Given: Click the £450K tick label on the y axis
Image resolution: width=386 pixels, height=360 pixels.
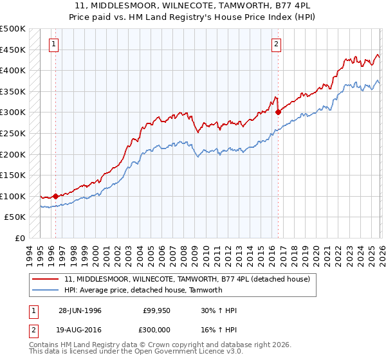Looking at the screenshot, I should pos(13,50).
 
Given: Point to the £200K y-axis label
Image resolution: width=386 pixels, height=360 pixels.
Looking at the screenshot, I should pos(13,154).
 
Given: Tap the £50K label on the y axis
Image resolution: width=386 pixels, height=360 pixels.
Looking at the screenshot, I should pos(15,217).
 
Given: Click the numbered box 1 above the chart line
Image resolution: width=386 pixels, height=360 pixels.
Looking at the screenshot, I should pos(52,44).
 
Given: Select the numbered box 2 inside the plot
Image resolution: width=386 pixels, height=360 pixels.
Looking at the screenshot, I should pos(275,44).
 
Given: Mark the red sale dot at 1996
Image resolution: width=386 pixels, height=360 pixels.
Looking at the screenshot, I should pos(56,196).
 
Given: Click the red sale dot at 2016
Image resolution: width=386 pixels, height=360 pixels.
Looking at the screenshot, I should pos(278,112).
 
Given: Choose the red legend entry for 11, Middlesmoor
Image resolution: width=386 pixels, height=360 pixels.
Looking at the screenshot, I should pos(187,279).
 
